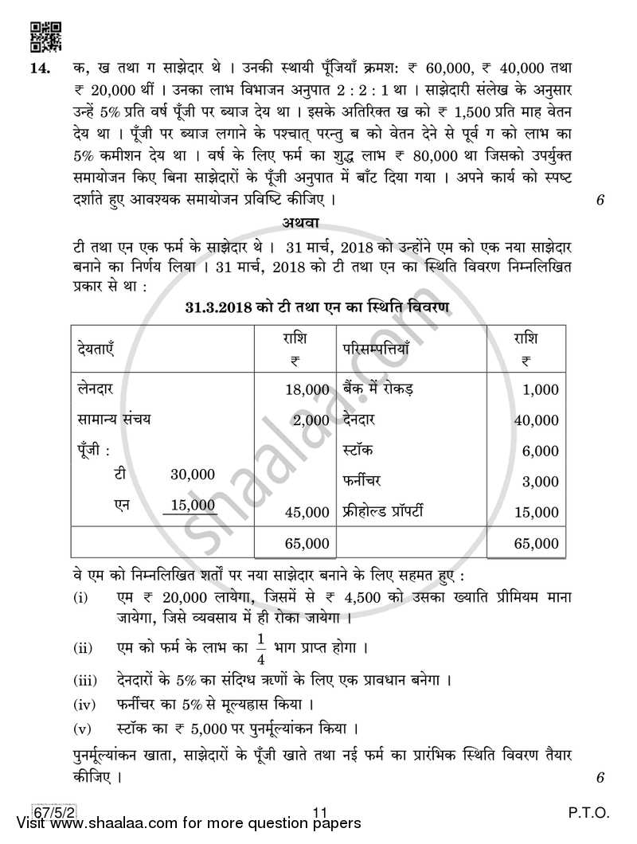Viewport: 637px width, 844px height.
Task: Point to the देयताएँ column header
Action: [x=98, y=349]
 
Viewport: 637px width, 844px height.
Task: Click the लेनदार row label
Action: [x=100, y=389]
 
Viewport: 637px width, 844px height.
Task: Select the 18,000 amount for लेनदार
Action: [x=307, y=389]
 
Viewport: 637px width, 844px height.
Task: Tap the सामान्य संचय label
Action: [x=114, y=420]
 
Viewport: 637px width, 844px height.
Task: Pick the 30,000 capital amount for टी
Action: [x=193, y=475]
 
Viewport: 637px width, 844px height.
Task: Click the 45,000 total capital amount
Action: [x=307, y=512]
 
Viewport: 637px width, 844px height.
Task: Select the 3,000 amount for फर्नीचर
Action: [x=541, y=482]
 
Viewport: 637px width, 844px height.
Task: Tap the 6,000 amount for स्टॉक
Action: [x=541, y=451]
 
